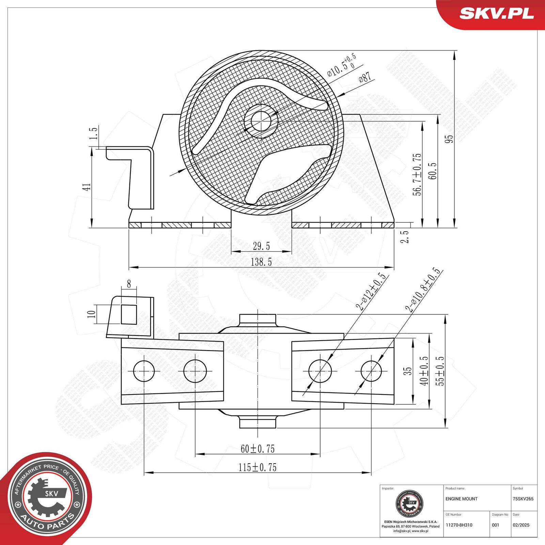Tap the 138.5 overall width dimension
point(261,262)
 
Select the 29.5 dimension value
point(261,246)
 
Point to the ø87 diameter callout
point(365,77)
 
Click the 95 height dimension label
point(449,139)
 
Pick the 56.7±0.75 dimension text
point(417,174)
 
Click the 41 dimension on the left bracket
point(87,187)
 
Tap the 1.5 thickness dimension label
point(93,133)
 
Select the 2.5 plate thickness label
point(404,237)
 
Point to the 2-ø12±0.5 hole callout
point(371,291)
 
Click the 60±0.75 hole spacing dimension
point(258,449)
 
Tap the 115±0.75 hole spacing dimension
point(258,467)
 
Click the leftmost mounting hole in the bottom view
point(144,371)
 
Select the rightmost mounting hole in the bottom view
point(371,371)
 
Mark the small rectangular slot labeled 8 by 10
point(129,314)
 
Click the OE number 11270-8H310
point(459,525)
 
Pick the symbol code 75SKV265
point(523,499)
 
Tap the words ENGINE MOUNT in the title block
point(461,499)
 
